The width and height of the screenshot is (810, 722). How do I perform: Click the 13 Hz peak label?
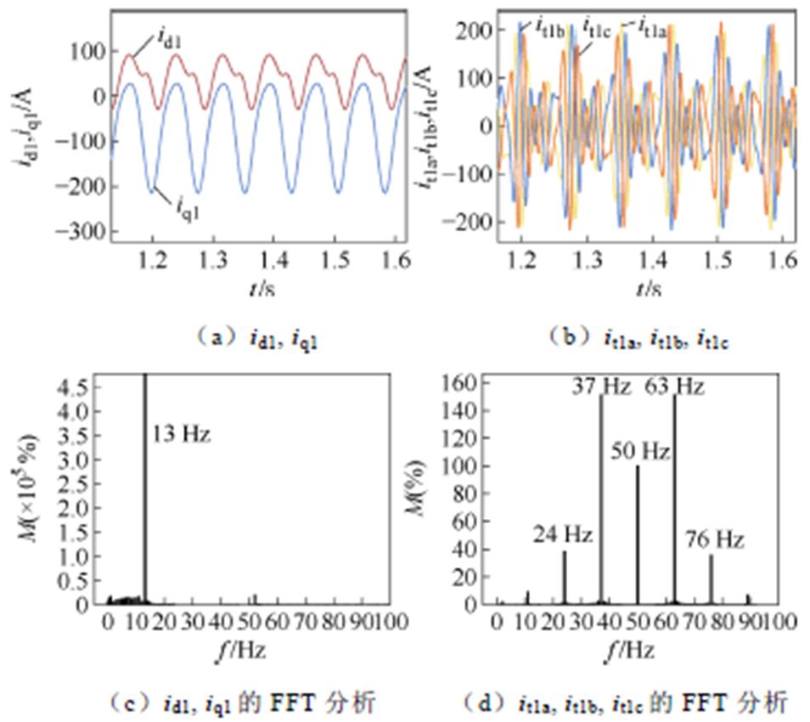coord(181,437)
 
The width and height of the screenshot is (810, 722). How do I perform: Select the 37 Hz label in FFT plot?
coord(602,387)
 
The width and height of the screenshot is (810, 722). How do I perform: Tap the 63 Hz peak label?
coord(676,387)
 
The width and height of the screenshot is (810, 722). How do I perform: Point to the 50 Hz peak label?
coord(641,451)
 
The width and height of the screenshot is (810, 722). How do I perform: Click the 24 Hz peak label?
coord(563,535)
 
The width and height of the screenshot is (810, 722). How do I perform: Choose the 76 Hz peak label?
coord(715,539)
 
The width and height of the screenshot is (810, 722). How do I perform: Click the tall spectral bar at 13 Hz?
coord(144,493)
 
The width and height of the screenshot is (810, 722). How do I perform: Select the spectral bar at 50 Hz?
coord(638,535)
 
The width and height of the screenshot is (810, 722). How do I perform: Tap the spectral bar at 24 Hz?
coord(565,578)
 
